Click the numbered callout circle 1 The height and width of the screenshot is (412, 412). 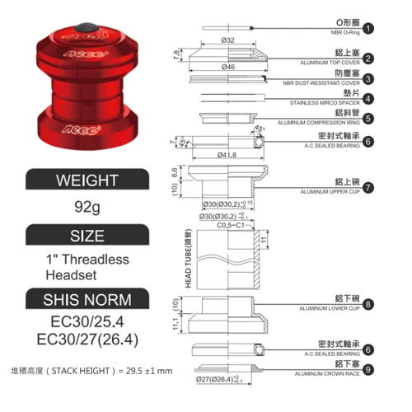tap(368, 27)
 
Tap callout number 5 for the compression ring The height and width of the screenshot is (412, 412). tap(368, 118)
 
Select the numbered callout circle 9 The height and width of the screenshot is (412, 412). tap(368, 370)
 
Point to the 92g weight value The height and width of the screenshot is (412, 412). tap(87, 208)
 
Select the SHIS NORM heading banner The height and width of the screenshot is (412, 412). tap(87, 298)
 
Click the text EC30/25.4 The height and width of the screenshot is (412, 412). tap(87, 321)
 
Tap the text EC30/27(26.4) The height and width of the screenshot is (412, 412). tap(87, 338)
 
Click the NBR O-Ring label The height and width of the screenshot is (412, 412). tap(337, 34)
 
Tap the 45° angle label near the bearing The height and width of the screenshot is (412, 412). tap(261, 129)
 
